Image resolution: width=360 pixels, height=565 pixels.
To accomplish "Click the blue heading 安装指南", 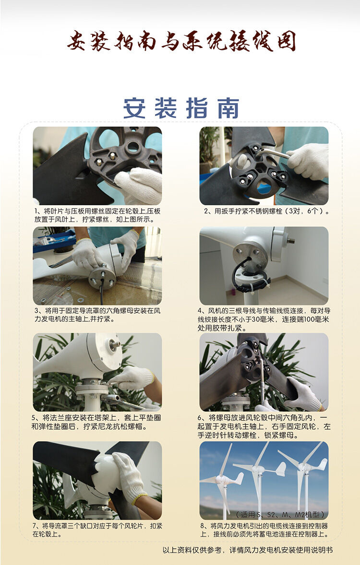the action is pos(181,108).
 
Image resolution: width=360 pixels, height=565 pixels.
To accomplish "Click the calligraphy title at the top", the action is pos(181,41).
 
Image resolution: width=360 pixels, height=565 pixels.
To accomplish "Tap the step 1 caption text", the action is pos(97,215).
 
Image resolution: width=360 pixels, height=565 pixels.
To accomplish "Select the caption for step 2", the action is pos(266,211).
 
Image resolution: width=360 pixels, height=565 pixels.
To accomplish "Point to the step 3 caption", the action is pos(97,315).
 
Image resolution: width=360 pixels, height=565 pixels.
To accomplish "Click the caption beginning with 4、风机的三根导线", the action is pos(264,319).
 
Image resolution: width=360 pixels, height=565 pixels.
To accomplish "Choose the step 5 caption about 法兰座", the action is pos(96,422).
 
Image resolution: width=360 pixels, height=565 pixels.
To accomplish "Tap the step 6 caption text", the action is pos(264,426).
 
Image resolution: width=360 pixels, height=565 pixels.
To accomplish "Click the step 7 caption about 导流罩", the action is pos(97,530).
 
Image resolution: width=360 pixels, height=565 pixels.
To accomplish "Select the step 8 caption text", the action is pos(264,530).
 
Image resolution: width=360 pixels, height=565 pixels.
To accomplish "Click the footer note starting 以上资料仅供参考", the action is pos(248,550).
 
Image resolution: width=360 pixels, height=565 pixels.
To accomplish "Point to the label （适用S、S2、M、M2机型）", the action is pos(281,514).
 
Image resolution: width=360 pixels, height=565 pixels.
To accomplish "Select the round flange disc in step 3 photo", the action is pos(102,277).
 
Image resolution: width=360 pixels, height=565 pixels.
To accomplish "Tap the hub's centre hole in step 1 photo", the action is pos(133,147).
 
